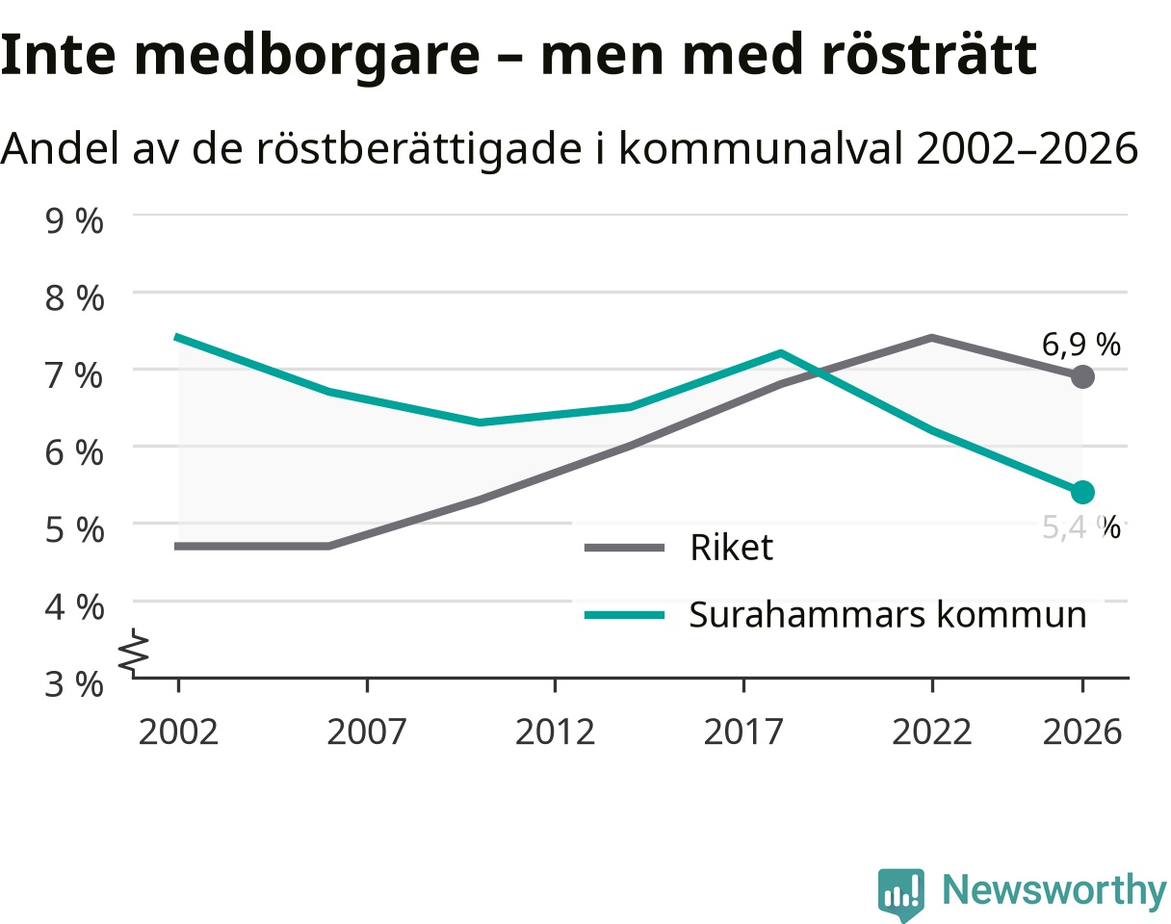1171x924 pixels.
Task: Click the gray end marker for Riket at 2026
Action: [x=1082, y=376]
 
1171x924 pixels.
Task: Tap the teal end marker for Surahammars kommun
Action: [x=1082, y=492]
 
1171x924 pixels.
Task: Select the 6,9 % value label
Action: [x=1080, y=345]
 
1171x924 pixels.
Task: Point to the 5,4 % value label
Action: [x=1080, y=527]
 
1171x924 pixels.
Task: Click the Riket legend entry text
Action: [x=731, y=547]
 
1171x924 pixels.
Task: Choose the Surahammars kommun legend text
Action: [x=888, y=615]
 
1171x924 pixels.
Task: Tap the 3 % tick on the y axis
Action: [x=74, y=683]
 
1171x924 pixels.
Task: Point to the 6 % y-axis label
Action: [x=74, y=452]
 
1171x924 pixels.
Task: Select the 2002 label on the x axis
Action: [x=178, y=732]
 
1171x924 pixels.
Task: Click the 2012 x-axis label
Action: [x=555, y=732]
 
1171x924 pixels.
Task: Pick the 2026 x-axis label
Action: [x=1082, y=732]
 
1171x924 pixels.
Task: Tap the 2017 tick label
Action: [x=743, y=732]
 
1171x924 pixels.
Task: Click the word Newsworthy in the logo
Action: [x=1054, y=889]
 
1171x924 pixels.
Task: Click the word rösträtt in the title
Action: [x=929, y=55]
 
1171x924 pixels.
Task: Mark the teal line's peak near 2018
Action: [x=781, y=352]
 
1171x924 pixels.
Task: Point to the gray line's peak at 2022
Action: [x=931, y=338]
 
